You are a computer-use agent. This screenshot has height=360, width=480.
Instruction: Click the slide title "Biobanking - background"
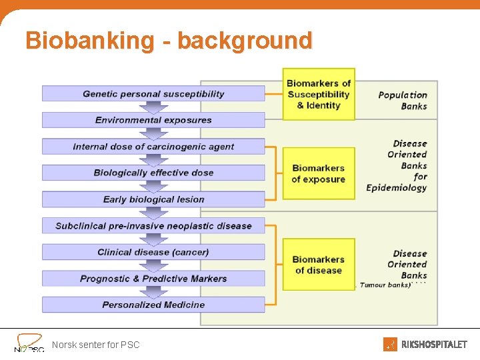tap(169, 41)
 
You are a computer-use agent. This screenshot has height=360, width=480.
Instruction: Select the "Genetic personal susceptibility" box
tap(153, 94)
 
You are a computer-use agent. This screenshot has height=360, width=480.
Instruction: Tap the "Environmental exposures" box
tap(153, 120)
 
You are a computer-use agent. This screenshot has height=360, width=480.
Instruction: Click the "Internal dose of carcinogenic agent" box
tap(153, 147)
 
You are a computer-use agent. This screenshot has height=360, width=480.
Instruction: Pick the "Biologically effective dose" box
tap(153, 173)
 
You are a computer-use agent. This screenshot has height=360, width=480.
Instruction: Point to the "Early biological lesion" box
tap(153, 199)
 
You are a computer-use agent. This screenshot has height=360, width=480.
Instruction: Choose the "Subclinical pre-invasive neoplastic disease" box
tap(153, 226)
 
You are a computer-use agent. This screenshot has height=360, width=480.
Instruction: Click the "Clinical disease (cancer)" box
tap(153, 252)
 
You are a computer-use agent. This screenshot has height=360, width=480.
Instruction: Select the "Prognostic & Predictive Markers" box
tap(153, 279)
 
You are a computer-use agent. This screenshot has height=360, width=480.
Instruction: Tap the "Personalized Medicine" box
tap(153, 305)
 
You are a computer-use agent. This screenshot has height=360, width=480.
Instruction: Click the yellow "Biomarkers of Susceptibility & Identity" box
tap(319, 94)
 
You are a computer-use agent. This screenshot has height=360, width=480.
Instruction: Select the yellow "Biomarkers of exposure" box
tap(319, 173)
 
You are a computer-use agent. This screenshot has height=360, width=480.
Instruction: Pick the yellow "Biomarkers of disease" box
tap(319, 265)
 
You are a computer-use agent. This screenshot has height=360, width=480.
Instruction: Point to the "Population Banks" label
tap(403, 100)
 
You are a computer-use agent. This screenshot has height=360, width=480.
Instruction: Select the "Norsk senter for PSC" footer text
tap(96, 345)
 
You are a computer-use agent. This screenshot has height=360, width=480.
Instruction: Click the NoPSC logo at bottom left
tap(29, 343)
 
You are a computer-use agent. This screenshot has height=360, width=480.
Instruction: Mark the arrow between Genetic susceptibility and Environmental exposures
tap(153, 107)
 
